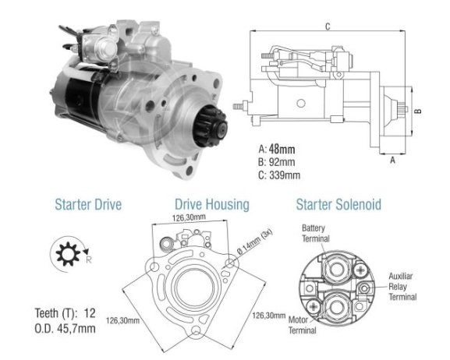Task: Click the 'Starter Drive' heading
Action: tap(88, 204)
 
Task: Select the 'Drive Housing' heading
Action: tap(212, 204)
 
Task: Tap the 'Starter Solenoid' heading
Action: tap(338, 204)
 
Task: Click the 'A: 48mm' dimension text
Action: tap(277, 149)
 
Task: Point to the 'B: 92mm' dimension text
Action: tap(277, 162)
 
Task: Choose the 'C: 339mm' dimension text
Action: tap(279, 175)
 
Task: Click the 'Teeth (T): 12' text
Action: tap(65, 313)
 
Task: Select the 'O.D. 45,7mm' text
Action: tap(65, 329)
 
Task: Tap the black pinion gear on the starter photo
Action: tap(210, 125)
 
